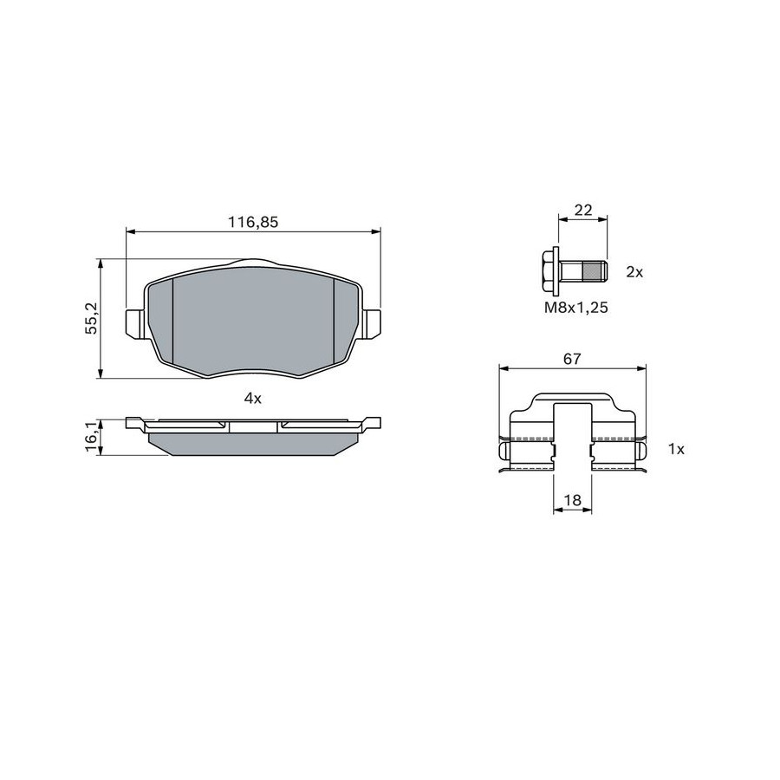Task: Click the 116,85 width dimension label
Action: [253, 222]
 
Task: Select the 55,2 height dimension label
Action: [92, 318]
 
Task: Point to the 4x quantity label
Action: [253, 398]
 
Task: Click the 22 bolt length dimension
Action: [583, 210]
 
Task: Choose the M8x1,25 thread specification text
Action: [576, 308]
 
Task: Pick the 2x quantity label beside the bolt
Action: [634, 272]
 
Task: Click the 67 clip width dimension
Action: [572, 359]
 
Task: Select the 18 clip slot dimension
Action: [573, 500]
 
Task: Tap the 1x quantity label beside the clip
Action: [676, 449]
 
